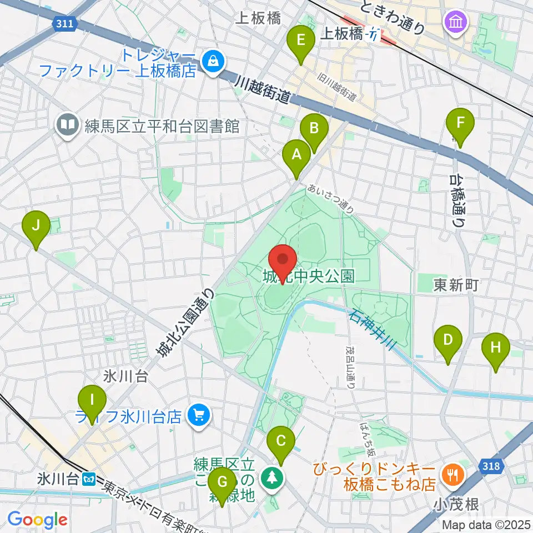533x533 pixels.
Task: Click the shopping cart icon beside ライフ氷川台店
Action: (x=199, y=415)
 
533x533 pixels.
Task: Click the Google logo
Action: (x=38, y=520)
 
